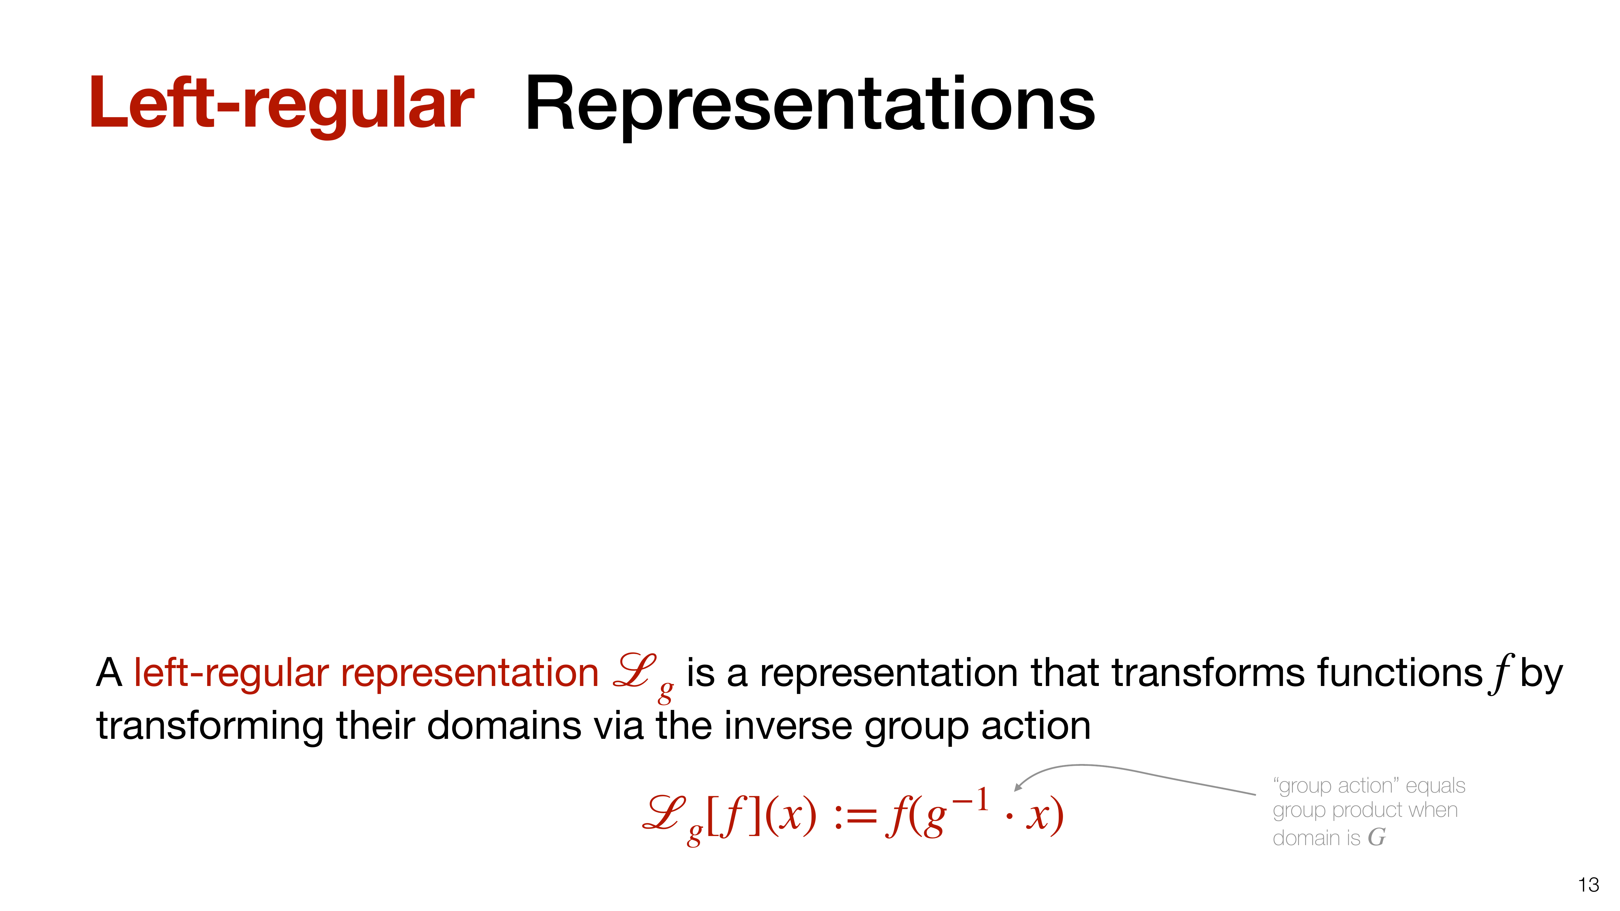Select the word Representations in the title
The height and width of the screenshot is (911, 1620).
[810, 104]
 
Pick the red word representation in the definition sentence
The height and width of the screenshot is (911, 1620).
[469, 673]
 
